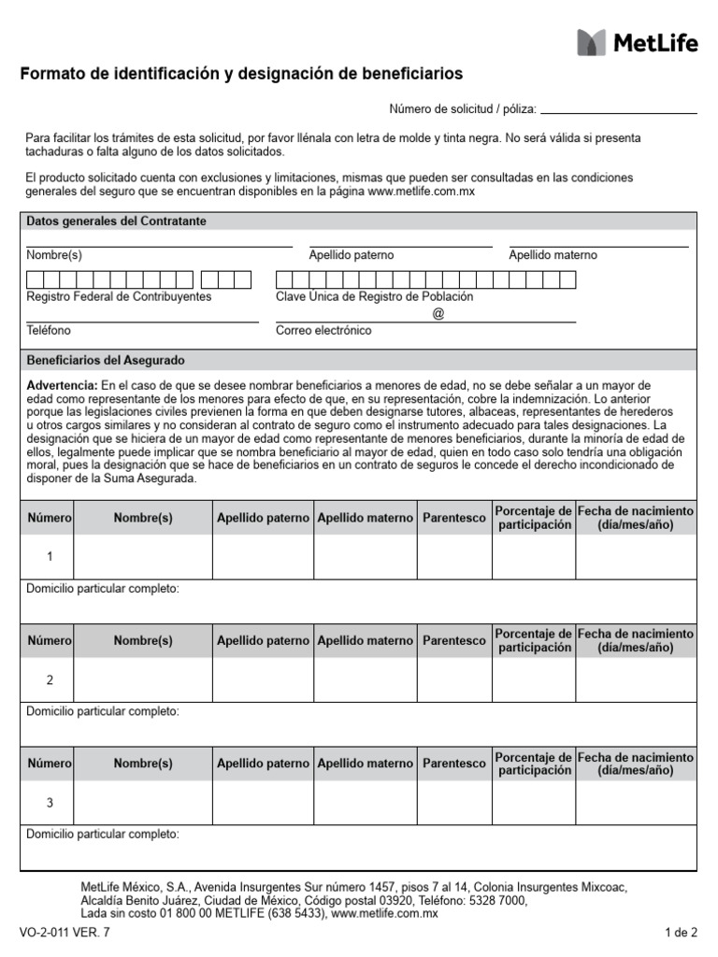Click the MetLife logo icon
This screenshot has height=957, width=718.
click(x=591, y=42)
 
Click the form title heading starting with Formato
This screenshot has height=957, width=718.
click(x=241, y=74)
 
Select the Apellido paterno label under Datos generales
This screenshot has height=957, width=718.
click(x=352, y=255)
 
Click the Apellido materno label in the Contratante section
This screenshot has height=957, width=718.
click(x=553, y=255)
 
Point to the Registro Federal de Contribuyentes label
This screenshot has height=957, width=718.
click(x=119, y=296)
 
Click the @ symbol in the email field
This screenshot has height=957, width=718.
click(x=438, y=314)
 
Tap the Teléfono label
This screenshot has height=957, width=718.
click(x=49, y=331)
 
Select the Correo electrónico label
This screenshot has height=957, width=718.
click(x=323, y=331)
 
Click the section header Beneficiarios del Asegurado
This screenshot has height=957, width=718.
click(x=106, y=360)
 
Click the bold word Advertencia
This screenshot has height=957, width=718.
click(x=61, y=385)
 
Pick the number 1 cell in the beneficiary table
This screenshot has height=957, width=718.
click(x=50, y=557)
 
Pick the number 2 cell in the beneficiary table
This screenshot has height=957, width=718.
click(x=50, y=680)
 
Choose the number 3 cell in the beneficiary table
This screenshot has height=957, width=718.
click(x=50, y=803)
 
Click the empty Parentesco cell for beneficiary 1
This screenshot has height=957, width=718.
click(x=454, y=557)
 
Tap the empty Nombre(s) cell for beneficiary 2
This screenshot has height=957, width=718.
click(x=143, y=680)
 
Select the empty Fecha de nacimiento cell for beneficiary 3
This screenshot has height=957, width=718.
click(x=636, y=803)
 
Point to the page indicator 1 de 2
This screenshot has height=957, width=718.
click(x=681, y=933)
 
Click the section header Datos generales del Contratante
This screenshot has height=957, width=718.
click(x=117, y=221)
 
